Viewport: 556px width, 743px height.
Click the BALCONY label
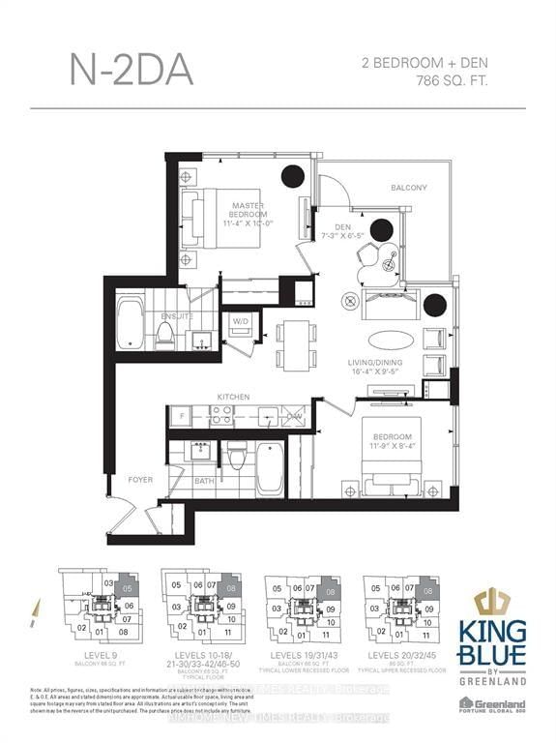pos(408,188)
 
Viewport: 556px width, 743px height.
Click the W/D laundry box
pos(240,323)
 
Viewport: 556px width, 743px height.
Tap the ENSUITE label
pos(177,315)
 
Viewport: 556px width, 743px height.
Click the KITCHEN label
pos(233,397)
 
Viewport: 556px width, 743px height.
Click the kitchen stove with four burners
pos(221,417)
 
